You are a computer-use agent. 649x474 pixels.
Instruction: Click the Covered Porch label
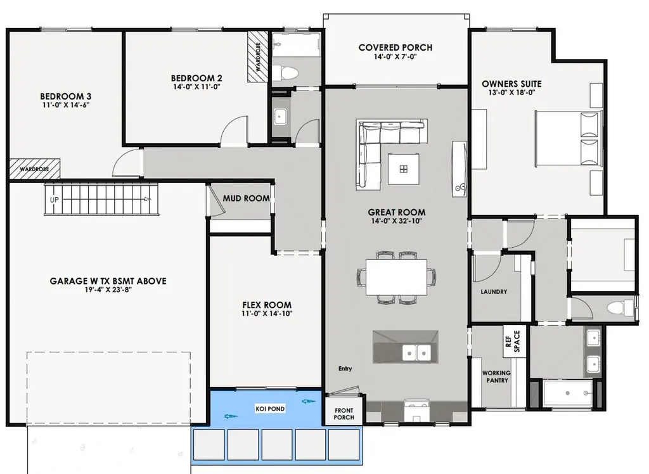click(x=395, y=48)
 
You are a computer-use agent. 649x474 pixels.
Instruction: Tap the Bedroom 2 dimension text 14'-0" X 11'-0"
click(x=196, y=87)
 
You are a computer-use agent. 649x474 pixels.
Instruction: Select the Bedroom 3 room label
click(x=66, y=96)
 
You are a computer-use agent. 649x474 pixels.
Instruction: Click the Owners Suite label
click(x=511, y=84)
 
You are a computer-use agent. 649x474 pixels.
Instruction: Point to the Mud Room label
click(x=247, y=199)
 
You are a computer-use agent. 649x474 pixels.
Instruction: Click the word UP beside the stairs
click(x=55, y=200)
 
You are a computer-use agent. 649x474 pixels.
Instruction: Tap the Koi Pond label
click(x=270, y=409)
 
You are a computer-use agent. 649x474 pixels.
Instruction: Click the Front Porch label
click(x=344, y=414)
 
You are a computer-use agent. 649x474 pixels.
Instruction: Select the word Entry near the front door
click(x=345, y=368)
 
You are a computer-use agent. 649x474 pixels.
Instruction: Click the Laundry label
click(x=494, y=292)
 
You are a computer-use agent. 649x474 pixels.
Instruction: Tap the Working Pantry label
click(x=497, y=376)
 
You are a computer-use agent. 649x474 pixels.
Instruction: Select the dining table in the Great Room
click(x=397, y=277)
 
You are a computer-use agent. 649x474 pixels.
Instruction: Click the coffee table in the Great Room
click(x=404, y=169)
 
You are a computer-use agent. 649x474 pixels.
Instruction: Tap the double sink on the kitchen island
click(x=417, y=353)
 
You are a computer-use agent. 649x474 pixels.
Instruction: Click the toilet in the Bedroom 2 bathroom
click(x=285, y=74)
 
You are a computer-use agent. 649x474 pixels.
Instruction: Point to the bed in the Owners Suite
click(x=569, y=137)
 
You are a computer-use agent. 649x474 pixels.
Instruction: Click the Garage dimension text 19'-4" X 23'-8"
click(x=108, y=290)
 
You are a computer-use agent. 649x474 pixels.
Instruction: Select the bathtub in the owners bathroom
click(x=567, y=394)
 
